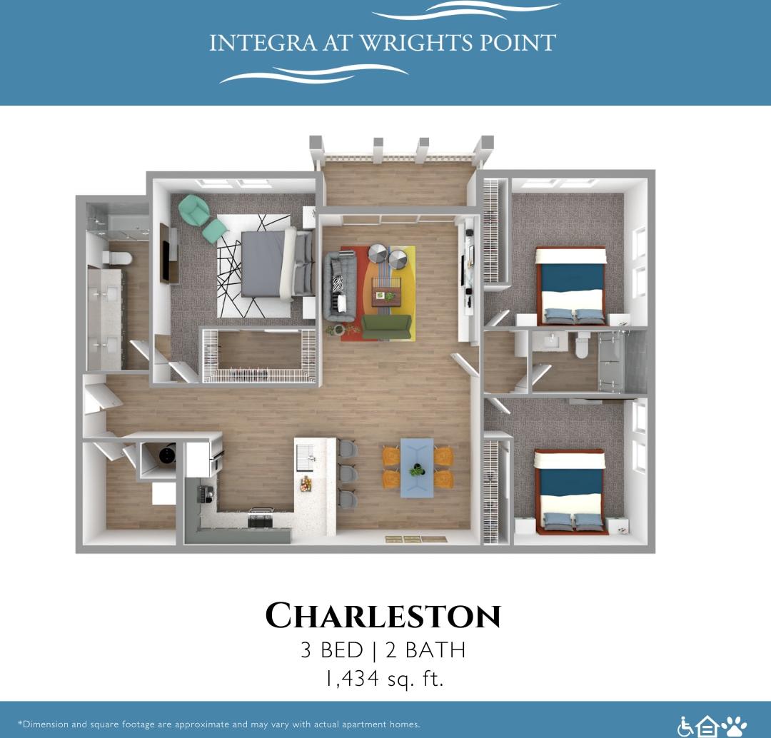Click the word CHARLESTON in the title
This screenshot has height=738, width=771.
[x=383, y=616]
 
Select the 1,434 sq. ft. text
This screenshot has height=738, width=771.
[x=384, y=678]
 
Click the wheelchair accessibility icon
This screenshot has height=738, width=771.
[x=685, y=727]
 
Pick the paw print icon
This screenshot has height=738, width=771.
[x=734, y=727]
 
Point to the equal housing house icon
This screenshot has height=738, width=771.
[x=707, y=727]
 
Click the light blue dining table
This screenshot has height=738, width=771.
[x=416, y=467]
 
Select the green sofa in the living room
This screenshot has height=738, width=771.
[x=385, y=326]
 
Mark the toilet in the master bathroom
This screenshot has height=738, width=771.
[x=116, y=257]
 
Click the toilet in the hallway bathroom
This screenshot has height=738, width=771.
[x=581, y=346]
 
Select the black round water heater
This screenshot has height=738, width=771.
[x=167, y=454]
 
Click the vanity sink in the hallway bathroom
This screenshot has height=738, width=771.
[x=552, y=342]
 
